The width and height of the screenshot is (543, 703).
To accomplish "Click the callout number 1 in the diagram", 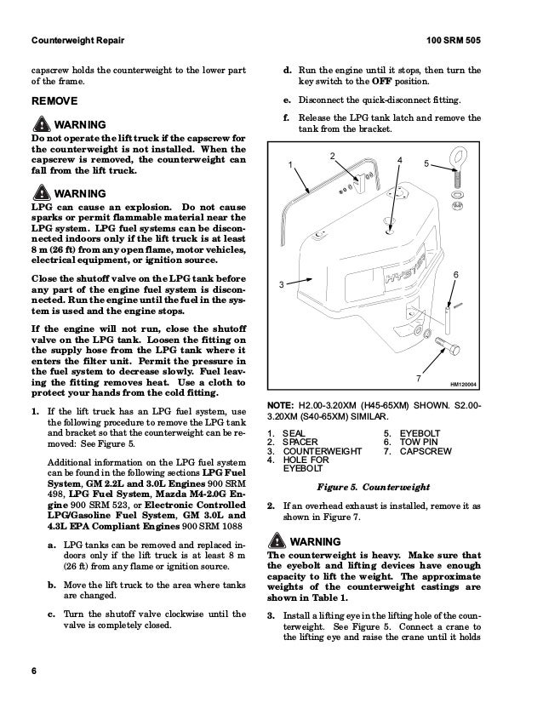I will (289, 164).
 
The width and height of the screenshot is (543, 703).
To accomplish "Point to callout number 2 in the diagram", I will (332, 154).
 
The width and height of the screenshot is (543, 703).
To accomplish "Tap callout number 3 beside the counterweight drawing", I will (280, 284).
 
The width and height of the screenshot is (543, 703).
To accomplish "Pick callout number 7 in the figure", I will (418, 377).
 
